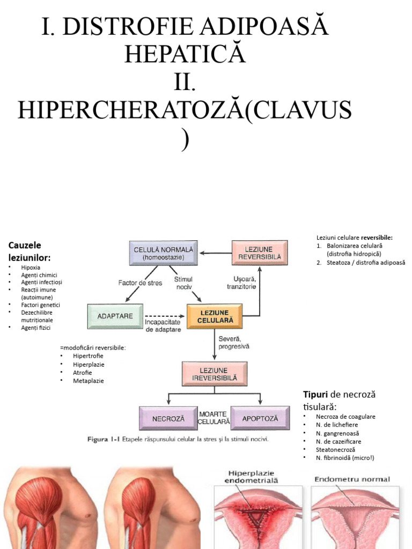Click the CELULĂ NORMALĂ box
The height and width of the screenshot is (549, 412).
164,253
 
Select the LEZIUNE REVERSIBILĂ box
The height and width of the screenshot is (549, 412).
259,253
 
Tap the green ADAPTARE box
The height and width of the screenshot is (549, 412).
115,316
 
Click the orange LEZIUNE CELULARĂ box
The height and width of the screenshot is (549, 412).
214,316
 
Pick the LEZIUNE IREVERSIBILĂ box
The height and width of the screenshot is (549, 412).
214,374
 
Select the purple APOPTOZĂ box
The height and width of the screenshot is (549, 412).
260,418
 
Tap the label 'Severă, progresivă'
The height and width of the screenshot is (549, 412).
234,343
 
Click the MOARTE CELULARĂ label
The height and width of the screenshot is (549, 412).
214,418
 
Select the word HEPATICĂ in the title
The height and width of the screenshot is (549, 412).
185,54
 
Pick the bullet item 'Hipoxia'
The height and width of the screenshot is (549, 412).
31,267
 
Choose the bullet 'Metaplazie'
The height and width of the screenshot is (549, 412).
89,381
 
